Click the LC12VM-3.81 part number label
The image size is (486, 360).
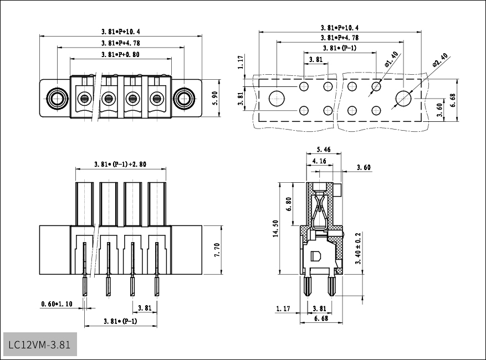click(39, 344)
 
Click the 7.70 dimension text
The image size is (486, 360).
click(217, 250)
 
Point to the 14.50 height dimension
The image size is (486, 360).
click(275, 228)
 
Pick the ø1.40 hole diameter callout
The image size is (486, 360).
click(391, 59)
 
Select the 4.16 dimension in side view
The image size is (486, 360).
click(319, 161)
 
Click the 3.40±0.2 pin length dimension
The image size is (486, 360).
click(358, 248)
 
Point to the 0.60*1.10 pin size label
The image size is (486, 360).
click(56, 304)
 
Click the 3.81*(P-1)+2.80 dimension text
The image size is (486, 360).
click(120, 164)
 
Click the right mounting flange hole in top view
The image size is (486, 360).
click(183, 99)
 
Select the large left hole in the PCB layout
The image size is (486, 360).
click(277, 99)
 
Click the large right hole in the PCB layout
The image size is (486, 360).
click(403, 99)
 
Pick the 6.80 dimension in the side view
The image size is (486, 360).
click(289, 204)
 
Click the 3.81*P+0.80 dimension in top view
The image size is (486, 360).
click(120, 55)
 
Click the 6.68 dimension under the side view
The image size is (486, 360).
click(320, 318)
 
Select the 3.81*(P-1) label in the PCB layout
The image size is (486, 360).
click(339, 48)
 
